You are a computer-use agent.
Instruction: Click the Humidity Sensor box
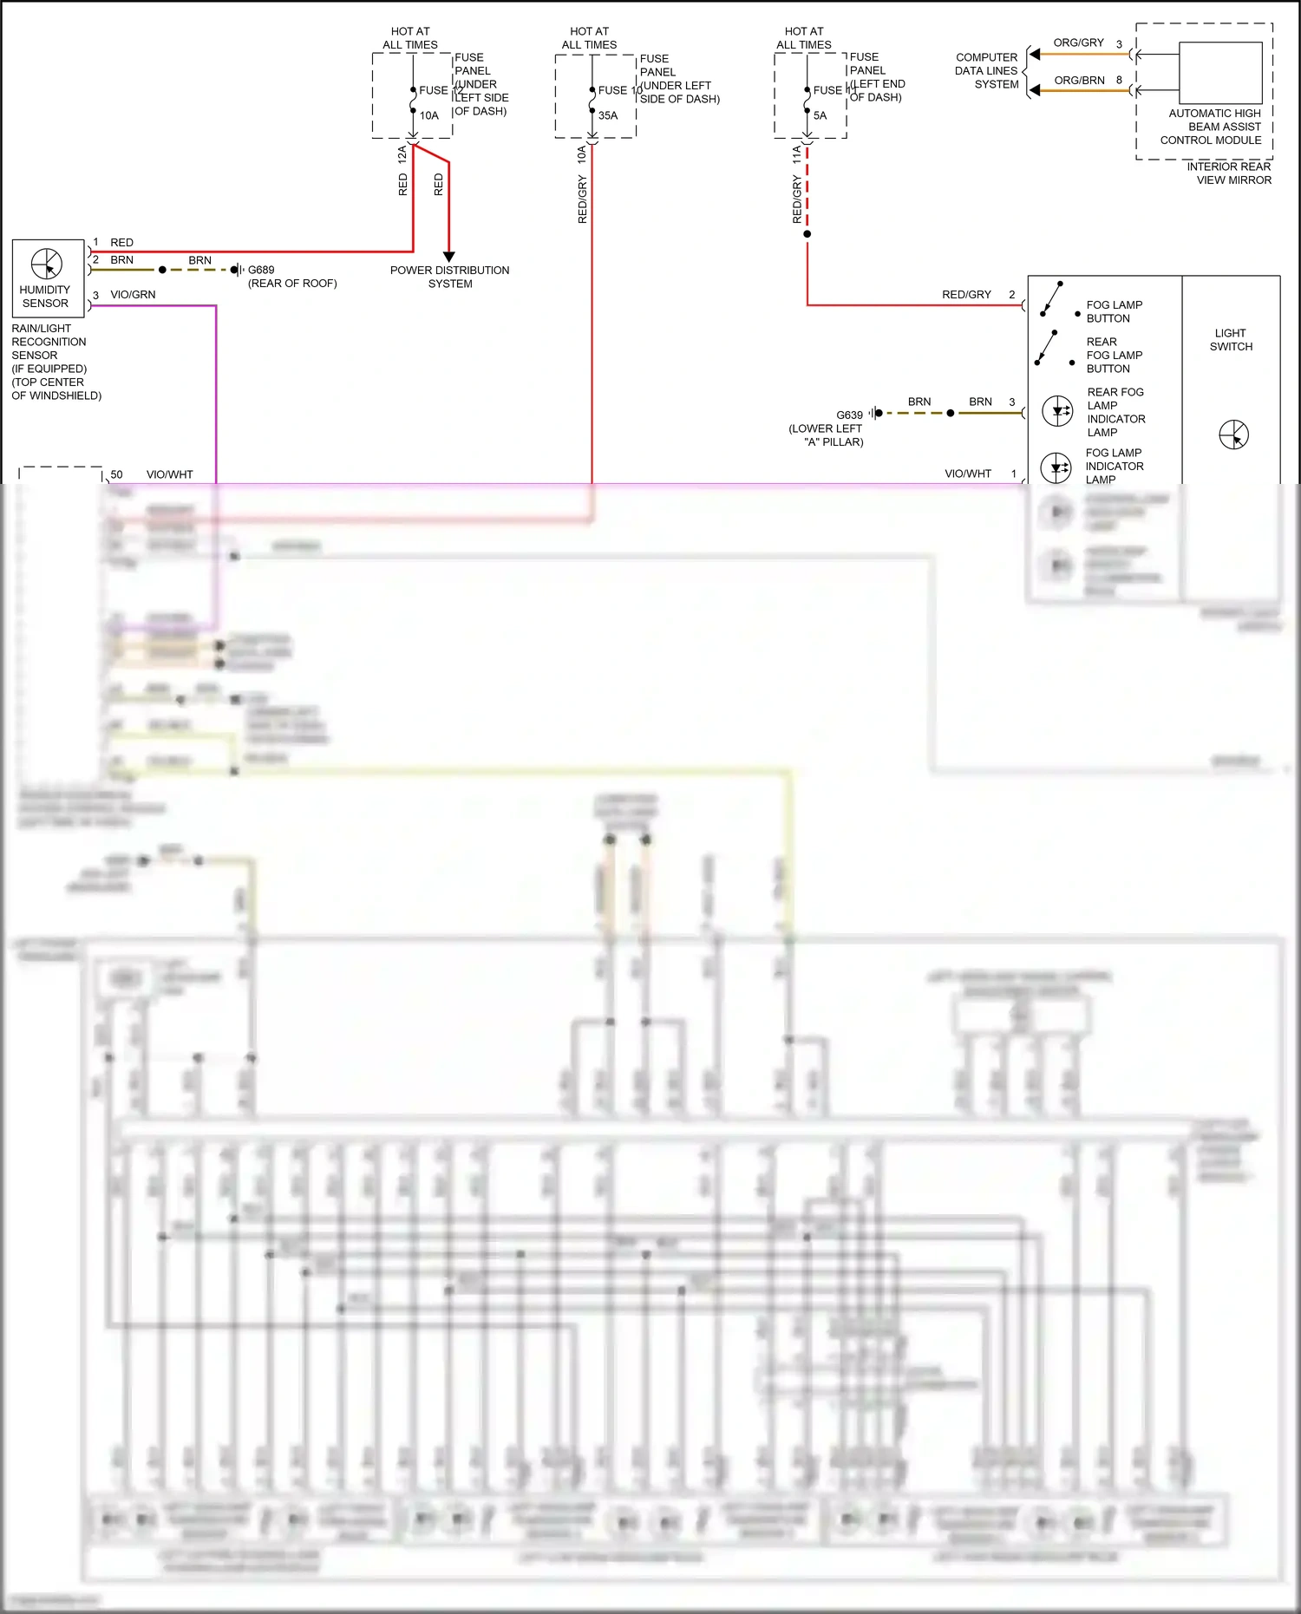(48, 278)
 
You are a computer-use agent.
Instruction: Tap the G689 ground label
(260, 270)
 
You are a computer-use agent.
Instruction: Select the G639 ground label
(849, 415)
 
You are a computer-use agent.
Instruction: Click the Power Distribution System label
(449, 277)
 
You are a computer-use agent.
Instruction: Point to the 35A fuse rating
(608, 115)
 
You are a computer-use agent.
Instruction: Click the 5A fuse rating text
(820, 115)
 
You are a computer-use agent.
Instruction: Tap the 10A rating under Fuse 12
(429, 115)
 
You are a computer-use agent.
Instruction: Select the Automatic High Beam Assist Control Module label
(1213, 127)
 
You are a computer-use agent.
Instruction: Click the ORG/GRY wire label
(1078, 42)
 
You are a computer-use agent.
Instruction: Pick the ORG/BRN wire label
(1079, 81)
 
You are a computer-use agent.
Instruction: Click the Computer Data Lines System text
(987, 71)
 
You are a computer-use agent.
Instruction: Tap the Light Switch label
(1231, 340)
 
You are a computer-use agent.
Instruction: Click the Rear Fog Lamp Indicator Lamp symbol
(1057, 411)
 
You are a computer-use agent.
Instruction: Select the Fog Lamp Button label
(1114, 311)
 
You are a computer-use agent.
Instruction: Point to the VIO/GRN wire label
(133, 295)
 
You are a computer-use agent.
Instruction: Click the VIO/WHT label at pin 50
(169, 474)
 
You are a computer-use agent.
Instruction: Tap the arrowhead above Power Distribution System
(448, 257)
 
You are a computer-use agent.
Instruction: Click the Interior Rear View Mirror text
(1229, 173)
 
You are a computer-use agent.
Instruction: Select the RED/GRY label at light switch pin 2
(966, 295)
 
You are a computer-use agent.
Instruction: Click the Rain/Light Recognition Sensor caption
(56, 362)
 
